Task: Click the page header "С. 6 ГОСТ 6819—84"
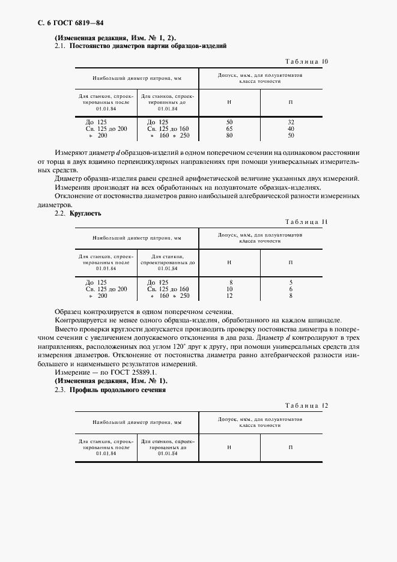point(62,24)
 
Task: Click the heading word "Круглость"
point(85,214)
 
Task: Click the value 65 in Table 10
point(229,128)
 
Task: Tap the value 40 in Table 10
point(291,128)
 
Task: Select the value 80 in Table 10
point(229,136)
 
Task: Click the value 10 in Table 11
point(229,289)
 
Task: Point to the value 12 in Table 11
point(229,296)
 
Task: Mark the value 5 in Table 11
point(291,282)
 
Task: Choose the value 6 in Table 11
point(291,289)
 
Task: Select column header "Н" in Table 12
point(229,447)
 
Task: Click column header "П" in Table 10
point(291,101)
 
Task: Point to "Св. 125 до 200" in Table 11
point(106,289)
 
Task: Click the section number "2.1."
point(61,46)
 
